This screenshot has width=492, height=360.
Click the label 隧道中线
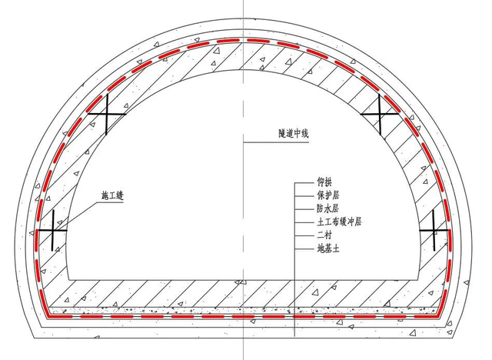pos(294,134)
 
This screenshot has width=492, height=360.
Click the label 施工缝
pos(113,196)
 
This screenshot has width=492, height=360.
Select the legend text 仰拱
pos(324,182)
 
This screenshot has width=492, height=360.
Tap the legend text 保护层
pos(328,195)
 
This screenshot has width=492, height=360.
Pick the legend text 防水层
pos(328,208)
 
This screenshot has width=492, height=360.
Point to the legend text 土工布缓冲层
pos(339,222)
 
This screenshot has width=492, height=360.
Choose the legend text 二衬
pos(324,235)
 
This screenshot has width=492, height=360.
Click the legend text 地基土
pos(328,249)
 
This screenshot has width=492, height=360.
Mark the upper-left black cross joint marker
pos(107,115)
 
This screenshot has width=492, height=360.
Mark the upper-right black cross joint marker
pos(380,115)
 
